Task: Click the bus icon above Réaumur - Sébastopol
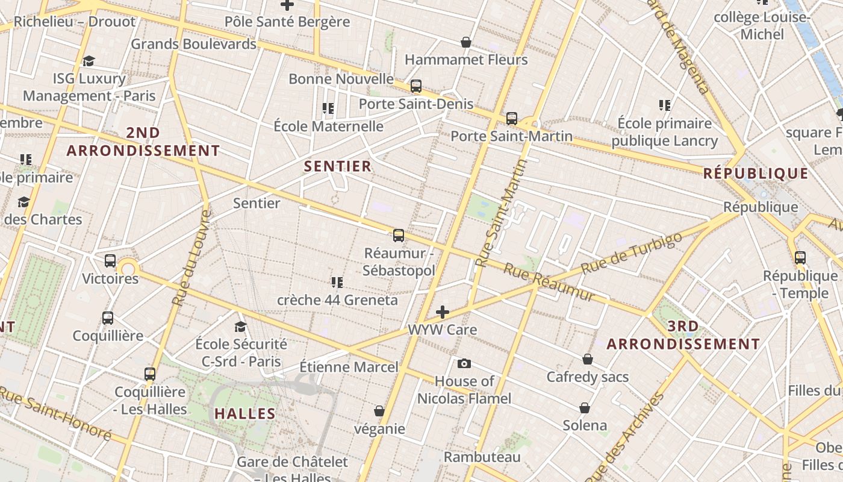398,236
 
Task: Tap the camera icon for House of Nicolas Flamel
464,363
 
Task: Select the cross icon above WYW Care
443,312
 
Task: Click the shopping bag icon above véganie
379,411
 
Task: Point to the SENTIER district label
338,166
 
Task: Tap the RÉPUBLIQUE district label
756,174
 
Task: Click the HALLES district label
245,414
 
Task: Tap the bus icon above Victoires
110,261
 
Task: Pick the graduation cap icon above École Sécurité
240,327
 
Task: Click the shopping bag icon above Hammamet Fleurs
465,42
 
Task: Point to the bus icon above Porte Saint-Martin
512,118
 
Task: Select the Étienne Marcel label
349,367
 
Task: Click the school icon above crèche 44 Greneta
337,282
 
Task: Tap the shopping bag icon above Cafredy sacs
588,359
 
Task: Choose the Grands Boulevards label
193,44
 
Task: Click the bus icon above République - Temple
800,258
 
